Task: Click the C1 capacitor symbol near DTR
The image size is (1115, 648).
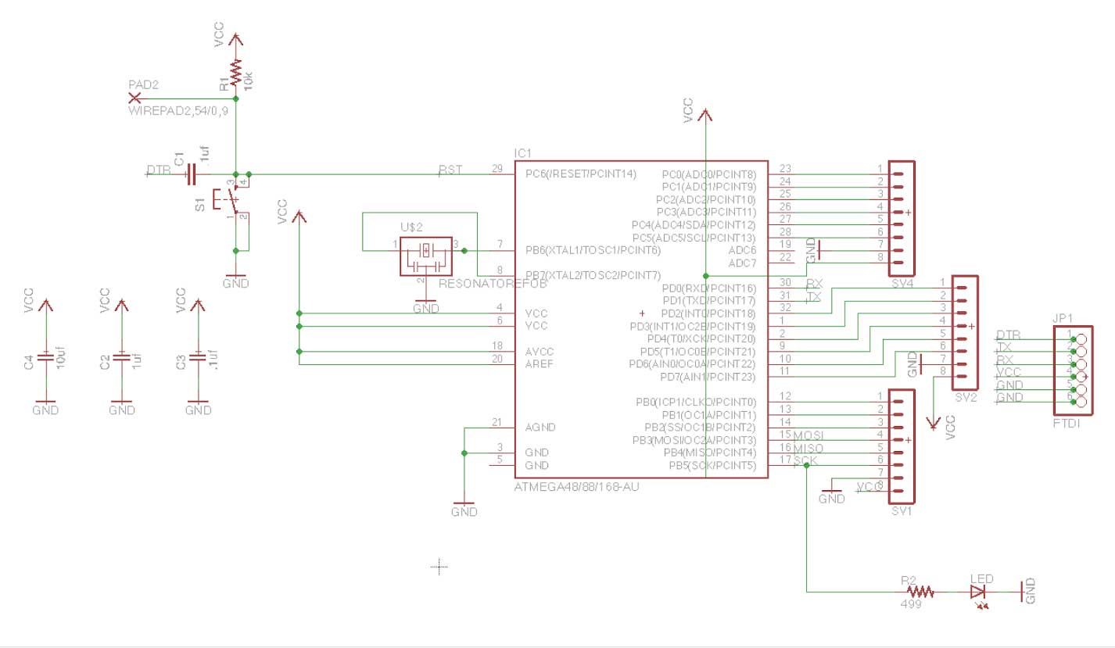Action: [x=191, y=174]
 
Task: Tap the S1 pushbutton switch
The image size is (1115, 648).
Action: [x=235, y=202]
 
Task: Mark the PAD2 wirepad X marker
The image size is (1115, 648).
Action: [x=134, y=98]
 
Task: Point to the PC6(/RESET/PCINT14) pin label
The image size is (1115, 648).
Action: [x=581, y=173]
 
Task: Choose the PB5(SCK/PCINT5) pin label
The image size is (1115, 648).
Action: [x=712, y=466]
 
